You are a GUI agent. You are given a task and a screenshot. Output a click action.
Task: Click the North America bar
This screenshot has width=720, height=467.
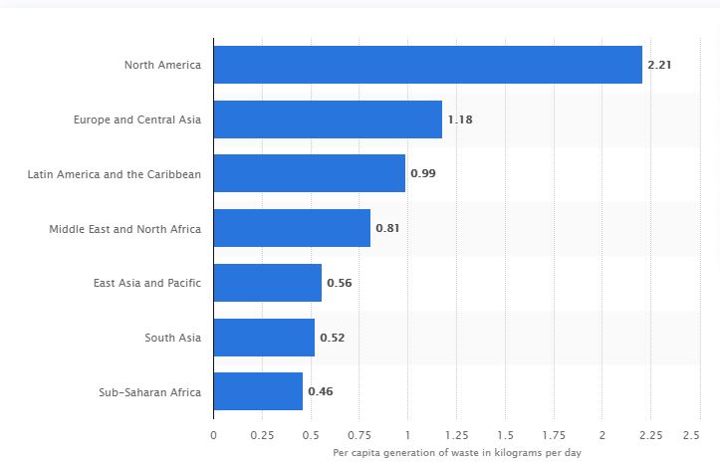point(427,65)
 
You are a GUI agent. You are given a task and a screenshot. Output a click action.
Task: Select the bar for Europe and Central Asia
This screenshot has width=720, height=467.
point(328,119)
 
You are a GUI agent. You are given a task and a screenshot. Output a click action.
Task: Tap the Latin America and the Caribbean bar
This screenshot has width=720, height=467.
point(309,173)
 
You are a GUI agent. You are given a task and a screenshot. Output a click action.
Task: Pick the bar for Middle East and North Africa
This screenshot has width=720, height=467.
point(292,228)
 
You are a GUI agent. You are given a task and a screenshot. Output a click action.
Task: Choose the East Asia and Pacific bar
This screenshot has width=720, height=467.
point(267,283)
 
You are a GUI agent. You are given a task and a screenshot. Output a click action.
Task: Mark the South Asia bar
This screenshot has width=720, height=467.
point(264,338)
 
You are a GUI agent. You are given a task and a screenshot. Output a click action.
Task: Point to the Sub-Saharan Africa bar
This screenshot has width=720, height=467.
point(258,391)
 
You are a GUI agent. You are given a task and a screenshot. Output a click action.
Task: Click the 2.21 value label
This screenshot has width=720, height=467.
point(659,65)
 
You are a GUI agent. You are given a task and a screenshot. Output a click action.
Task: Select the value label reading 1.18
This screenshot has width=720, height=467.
point(459,119)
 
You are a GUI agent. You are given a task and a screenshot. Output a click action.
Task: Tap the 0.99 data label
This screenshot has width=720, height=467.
point(423,173)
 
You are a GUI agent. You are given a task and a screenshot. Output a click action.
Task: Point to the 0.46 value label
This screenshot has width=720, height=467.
point(320,391)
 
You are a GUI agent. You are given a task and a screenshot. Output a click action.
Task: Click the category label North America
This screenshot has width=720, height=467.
point(162,65)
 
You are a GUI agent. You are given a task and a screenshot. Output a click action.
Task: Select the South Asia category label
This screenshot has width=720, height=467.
point(172,338)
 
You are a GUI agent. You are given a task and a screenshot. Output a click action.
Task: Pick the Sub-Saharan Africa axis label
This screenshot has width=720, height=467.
point(149,391)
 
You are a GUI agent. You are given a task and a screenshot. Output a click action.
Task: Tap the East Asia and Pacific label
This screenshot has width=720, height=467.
point(146,283)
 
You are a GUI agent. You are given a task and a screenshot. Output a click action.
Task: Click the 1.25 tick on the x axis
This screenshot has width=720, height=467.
point(456,436)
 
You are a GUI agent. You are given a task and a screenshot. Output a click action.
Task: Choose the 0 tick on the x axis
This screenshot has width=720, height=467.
point(213,436)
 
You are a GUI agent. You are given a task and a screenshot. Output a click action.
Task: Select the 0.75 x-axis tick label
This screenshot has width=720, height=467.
point(359,436)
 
